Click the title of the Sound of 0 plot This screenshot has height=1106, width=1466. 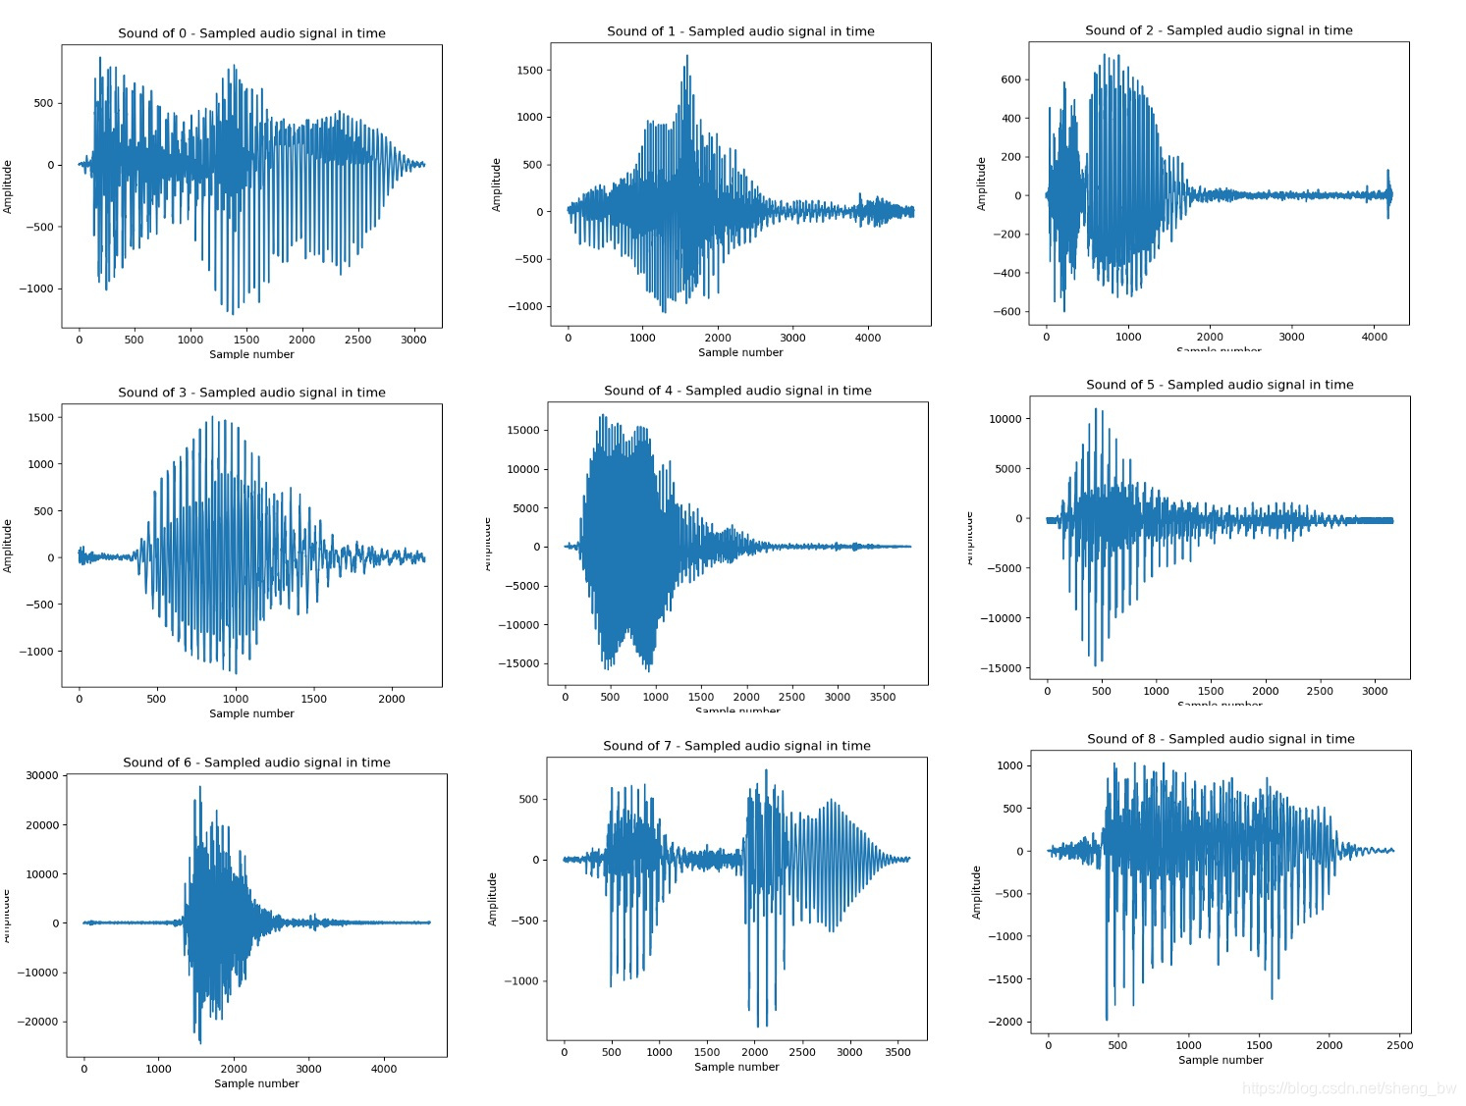(251, 33)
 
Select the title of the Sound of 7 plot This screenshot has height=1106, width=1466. (736, 746)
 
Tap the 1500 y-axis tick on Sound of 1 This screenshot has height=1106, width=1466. (529, 71)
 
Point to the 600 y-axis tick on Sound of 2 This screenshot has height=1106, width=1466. (1010, 79)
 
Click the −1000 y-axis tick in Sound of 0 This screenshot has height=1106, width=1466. (36, 290)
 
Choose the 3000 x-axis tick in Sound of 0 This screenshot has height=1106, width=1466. (413, 341)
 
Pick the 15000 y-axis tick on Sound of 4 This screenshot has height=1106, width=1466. (522, 431)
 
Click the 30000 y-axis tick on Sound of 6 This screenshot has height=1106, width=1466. (42, 775)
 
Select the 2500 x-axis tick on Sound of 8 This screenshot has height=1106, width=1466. (1399, 1045)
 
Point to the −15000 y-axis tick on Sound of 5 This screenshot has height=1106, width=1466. (1000, 668)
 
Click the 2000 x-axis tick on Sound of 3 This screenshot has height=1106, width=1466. (391, 700)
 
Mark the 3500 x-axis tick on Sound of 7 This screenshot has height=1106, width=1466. (897, 1052)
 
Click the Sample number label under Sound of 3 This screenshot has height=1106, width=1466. (251, 713)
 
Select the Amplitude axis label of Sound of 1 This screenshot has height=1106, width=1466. (496, 184)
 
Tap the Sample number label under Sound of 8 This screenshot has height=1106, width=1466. (1221, 1060)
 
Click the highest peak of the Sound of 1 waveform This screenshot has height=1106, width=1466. (686, 57)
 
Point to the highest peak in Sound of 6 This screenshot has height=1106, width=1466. (200, 787)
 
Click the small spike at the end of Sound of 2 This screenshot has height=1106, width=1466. (1387, 173)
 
